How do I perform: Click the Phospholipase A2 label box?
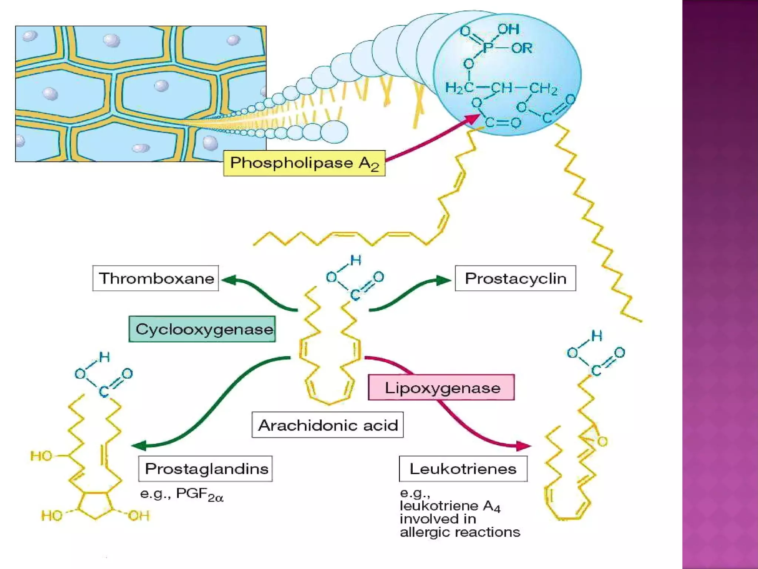click(304, 163)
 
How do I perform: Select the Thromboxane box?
click(156, 278)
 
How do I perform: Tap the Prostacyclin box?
click(515, 278)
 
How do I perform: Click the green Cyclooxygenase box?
click(202, 329)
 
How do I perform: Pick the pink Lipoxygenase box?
click(441, 387)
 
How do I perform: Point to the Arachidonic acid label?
click(328, 425)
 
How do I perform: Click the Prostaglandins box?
click(206, 469)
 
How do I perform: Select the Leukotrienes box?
click(463, 469)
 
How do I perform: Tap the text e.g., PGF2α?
click(181, 494)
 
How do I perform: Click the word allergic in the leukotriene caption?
click(426, 532)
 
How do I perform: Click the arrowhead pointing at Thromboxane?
click(228, 280)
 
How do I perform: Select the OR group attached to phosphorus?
click(521, 48)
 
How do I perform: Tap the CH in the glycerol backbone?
click(502, 88)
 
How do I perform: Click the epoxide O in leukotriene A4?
click(602, 441)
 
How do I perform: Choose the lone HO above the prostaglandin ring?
click(41, 456)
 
